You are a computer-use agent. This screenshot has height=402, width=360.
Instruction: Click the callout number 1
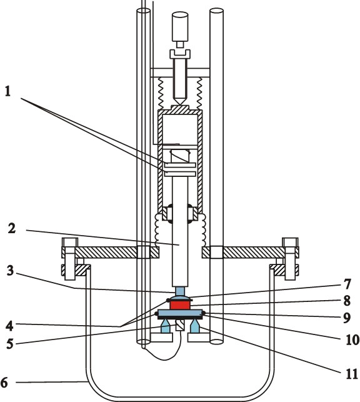click(8, 91)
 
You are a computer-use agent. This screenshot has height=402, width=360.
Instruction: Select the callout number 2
click(12, 228)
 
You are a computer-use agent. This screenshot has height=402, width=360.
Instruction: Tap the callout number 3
click(10, 271)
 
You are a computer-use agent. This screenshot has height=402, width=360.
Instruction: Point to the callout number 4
click(10, 326)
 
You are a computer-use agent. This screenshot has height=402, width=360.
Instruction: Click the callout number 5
click(10, 344)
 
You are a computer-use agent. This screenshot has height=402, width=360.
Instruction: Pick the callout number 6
click(4, 382)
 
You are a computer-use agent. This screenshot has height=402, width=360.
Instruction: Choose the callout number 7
click(347, 284)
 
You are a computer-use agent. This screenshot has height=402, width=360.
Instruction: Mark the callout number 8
click(347, 301)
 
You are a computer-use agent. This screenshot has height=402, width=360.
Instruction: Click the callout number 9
click(347, 318)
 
